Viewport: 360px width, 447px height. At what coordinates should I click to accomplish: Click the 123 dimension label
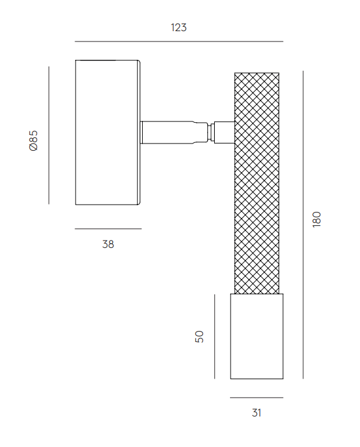[x=179, y=27]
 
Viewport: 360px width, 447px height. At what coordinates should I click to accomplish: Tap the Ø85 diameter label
[x=34, y=140]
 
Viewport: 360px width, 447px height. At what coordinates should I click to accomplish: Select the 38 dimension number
[x=108, y=244]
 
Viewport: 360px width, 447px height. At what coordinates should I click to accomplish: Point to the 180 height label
[x=317, y=219]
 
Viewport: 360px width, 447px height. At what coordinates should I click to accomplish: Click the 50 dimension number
[x=200, y=336]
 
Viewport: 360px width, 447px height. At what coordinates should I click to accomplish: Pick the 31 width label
[x=257, y=413]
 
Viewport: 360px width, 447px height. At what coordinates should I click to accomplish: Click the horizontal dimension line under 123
[x=179, y=42]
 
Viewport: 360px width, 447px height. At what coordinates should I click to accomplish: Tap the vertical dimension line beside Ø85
[x=49, y=136]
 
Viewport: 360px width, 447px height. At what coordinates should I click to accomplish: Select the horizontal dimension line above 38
[x=108, y=228]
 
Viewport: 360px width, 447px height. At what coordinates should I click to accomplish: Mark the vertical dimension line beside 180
[x=303, y=225]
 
